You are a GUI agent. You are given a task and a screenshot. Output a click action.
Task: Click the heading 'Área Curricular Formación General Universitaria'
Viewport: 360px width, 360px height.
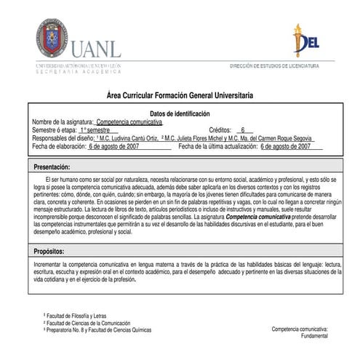(x=180, y=96)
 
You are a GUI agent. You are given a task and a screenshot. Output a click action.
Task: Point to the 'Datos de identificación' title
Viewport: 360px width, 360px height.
(x=180, y=113)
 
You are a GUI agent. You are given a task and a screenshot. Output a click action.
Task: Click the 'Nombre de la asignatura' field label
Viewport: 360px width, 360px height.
(x=63, y=121)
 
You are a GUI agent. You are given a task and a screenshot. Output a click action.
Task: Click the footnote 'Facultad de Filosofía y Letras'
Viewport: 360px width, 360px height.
(x=81, y=315)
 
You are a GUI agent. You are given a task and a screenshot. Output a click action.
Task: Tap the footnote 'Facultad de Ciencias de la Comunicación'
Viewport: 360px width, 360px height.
(x=91, y=322)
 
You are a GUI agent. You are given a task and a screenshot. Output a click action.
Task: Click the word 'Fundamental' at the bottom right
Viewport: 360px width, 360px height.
(x=313, y=337)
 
